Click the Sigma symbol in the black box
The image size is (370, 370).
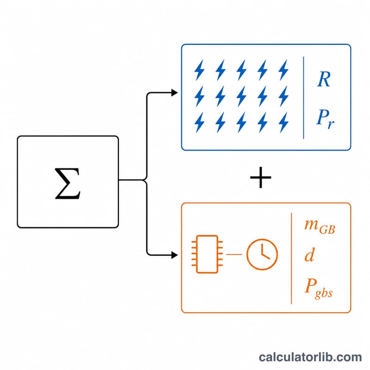[x=68, y=184]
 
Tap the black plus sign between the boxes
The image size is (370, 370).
[x=260, y=178]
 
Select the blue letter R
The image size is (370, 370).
[x=324, y=79]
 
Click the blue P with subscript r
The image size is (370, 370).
[x=325, y=119]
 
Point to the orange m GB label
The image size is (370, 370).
[x=320, y=226]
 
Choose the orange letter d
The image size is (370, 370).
[x=309, y=255]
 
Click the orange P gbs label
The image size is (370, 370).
[x=319, y=288]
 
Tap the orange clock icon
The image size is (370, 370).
[x=262, y=254]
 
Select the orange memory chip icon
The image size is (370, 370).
[x=207, y=254]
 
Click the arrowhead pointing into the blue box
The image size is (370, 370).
[x=175, y=93]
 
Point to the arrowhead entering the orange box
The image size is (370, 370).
[x=175, y=255]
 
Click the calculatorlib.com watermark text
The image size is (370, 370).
[x=310, y=357]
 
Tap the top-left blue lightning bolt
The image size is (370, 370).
[x=199, y=70]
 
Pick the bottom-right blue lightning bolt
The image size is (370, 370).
[x=284, y=123]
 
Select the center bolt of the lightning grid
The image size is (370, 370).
[x=241, y=96]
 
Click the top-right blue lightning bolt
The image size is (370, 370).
[x=284, y=70]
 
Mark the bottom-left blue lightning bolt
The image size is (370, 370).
[x=199, y=123]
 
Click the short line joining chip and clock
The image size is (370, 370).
[x=234, y=254]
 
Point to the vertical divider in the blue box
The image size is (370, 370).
[x=303, y=98]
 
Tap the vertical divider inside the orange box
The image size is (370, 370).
[x=291, y=259]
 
